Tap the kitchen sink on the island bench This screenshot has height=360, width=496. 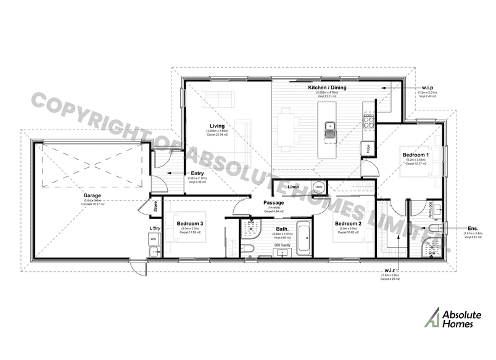(331, 129)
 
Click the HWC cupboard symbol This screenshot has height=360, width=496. (319, 187)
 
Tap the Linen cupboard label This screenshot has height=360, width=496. (293, 186)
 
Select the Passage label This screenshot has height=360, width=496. (273, 203)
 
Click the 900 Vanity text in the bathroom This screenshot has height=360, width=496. (283, 245)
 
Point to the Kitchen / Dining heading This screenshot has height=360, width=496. (327, 88)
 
